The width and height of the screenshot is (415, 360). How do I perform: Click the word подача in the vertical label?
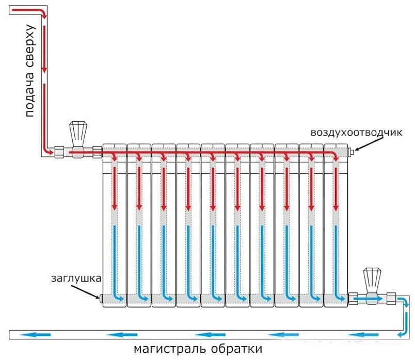point(29,94)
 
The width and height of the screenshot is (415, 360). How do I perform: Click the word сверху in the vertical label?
point(29,47)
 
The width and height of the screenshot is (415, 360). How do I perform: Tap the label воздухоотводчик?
point(356,133)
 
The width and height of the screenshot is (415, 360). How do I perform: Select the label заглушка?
point(76,279)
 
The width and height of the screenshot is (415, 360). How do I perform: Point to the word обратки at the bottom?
point(236,349)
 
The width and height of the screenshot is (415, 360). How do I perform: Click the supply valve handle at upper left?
point(78,134)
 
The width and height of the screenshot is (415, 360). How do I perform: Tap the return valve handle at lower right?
point(372,281)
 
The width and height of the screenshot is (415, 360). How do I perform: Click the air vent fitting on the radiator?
point(352,152)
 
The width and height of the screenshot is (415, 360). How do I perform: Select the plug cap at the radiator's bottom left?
point(100,299)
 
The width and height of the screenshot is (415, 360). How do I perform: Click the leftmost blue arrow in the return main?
point(36,335)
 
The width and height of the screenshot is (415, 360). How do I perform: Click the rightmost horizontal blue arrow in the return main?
point(363,335)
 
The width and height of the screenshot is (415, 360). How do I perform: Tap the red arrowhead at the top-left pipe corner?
point(44,16)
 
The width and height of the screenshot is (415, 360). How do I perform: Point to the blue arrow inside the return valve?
point(369,299)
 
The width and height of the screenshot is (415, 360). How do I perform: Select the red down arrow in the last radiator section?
point(336,189)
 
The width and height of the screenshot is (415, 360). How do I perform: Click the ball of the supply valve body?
point(77,152)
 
